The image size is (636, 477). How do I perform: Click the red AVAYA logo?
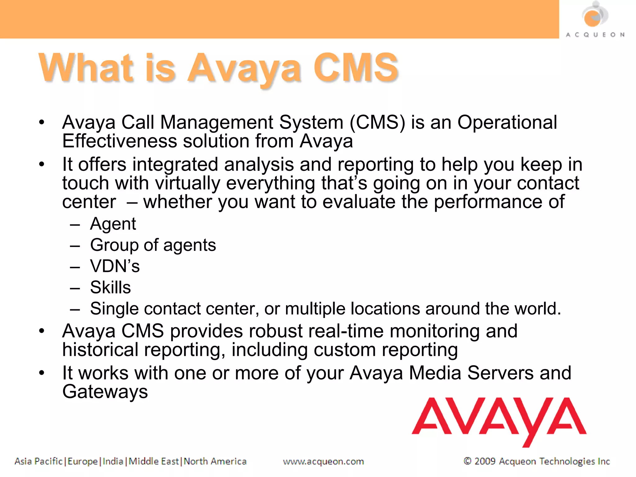tap(499, 419)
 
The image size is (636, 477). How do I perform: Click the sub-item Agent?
tap(113, 224)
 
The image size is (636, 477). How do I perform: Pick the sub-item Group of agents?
tap(153, 245)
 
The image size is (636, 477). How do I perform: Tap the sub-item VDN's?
tap(115, 266)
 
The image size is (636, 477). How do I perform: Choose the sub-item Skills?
tap(110, 287)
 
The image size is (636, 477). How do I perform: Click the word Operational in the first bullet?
tap(507, 122)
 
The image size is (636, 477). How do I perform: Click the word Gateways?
tap(105, 392)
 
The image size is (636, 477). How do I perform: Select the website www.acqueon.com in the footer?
tap(323, 461)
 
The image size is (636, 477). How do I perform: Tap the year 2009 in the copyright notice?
tap(485, 461)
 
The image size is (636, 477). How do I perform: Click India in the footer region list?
tap(113, 461)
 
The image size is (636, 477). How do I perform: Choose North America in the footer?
tap(215, 461)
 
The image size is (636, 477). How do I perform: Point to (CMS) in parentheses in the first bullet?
tap(377, 122)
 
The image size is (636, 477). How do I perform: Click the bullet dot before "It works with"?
tap(42, 373)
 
